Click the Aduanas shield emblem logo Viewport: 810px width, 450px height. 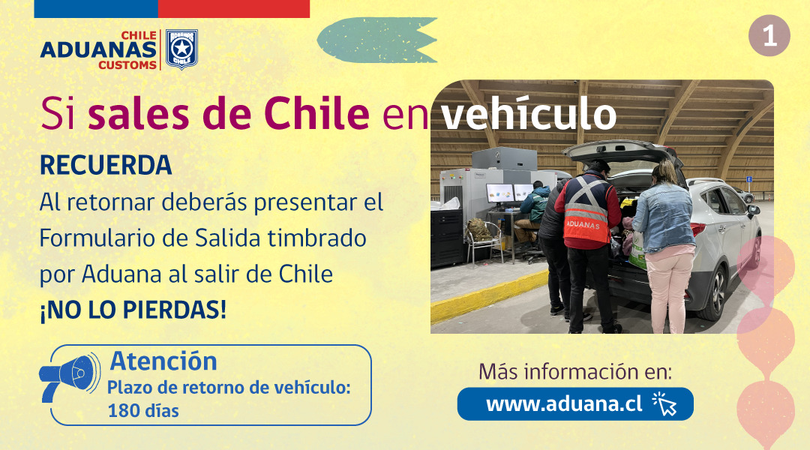(181, 49)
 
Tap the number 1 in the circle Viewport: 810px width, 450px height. (769, 36)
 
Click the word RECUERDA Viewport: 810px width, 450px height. (106, 166)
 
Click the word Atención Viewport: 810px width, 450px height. (163, 361)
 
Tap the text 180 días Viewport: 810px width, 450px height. (143, 410)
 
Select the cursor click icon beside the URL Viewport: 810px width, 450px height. (664, 403)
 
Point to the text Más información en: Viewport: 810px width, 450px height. (575, 371)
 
